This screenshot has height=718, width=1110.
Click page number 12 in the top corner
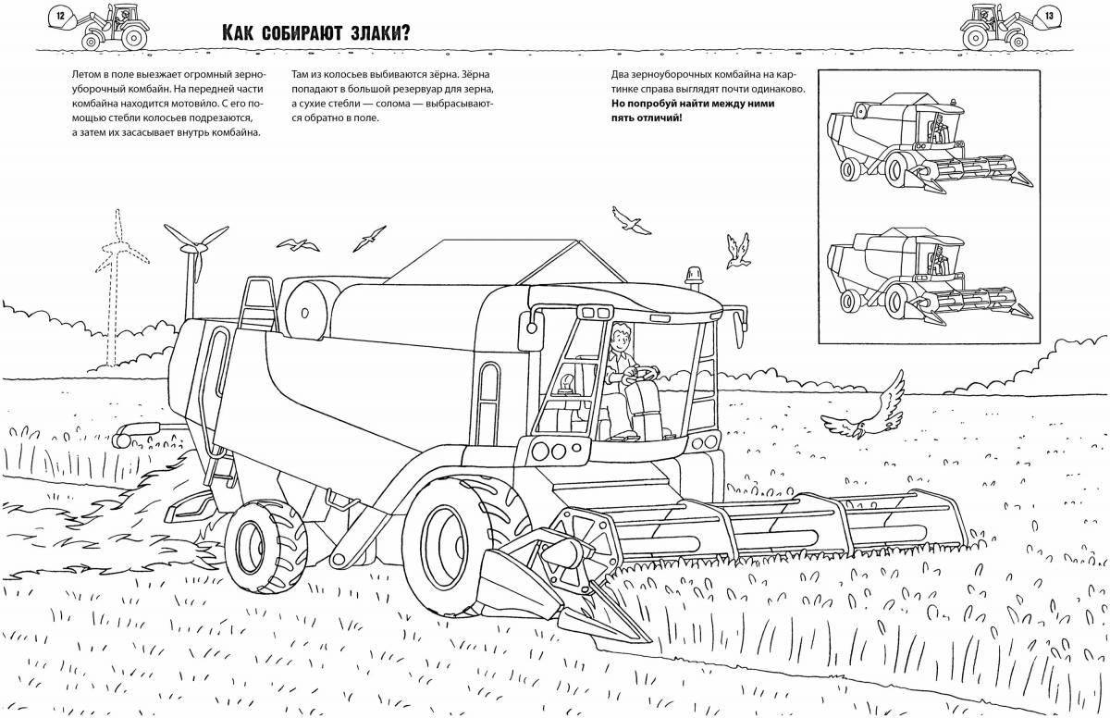(60, 15)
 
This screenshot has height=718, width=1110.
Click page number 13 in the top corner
(1049, 15)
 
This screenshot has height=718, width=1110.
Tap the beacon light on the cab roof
(692, 277)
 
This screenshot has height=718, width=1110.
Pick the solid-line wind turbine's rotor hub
(194, 247)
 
